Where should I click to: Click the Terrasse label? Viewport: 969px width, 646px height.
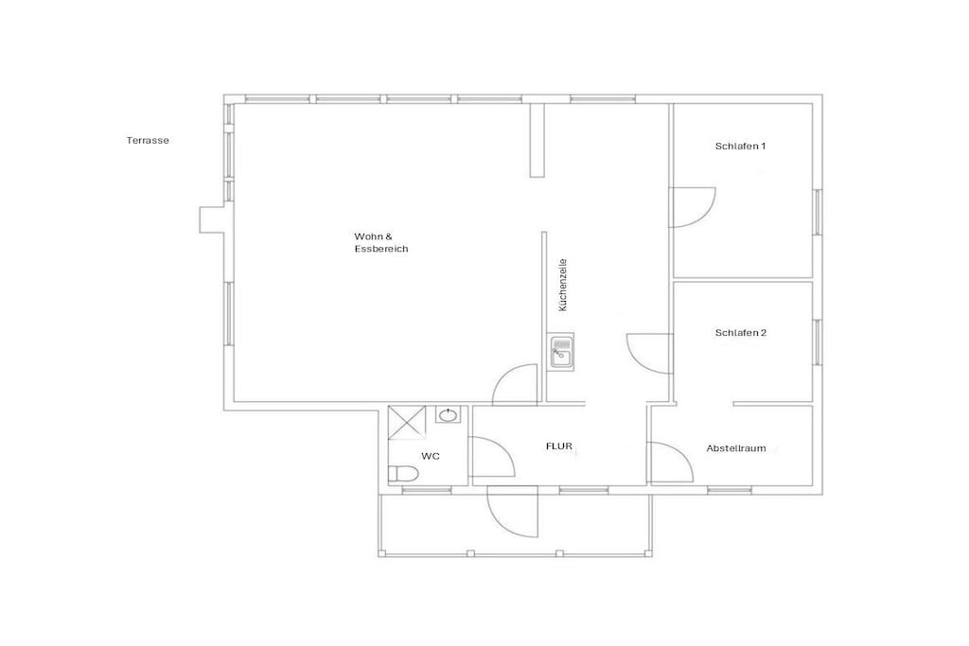tap(148, 140)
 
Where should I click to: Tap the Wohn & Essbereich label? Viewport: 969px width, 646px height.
tap(381, 243)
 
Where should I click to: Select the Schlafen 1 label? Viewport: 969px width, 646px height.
tap(740, 147)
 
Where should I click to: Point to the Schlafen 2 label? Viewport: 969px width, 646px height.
tap(741, 333)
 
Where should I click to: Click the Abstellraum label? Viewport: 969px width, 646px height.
tap(736, 448)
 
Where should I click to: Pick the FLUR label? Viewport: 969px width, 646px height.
tap(558, 445)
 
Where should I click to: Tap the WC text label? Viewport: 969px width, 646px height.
tap(431, 457)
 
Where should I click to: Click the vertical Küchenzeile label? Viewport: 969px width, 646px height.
tap(562, 285)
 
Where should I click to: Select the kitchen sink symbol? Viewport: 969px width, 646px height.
tap(560, 352)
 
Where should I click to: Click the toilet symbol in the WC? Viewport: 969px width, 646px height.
tap(403, 474)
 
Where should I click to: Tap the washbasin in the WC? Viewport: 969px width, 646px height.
tap(448, 414)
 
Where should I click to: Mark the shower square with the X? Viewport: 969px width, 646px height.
tap(407, 423)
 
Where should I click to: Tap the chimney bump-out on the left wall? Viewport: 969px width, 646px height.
tap(211, 219)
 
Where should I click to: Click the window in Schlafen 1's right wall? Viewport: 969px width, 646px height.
tap(817, 212)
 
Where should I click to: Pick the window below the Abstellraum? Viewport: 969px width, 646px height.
tap(730, 490)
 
